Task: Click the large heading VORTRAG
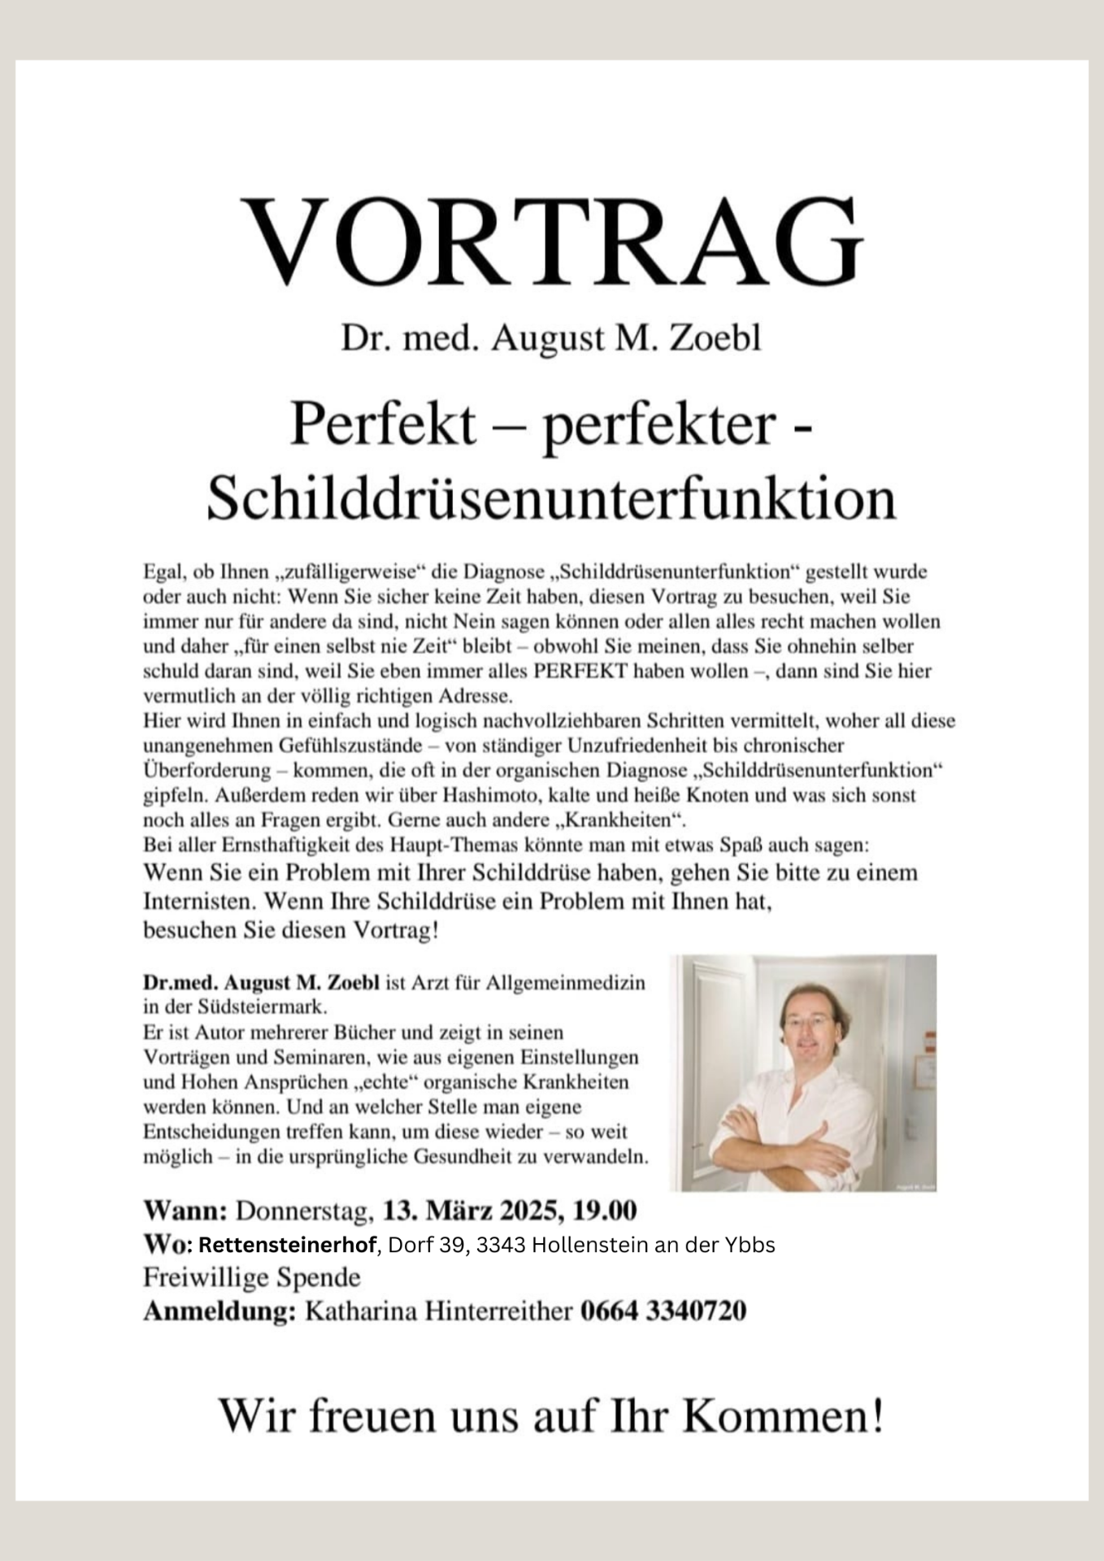tap(552, 240)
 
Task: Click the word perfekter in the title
tap(658, 424)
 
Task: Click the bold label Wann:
tap(185, 1211)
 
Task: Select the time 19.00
tap(605, 1211)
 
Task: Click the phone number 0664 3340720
tap(663, 1311)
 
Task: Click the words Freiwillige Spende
tap(252, 1277)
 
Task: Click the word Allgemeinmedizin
tap(565, 982)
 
